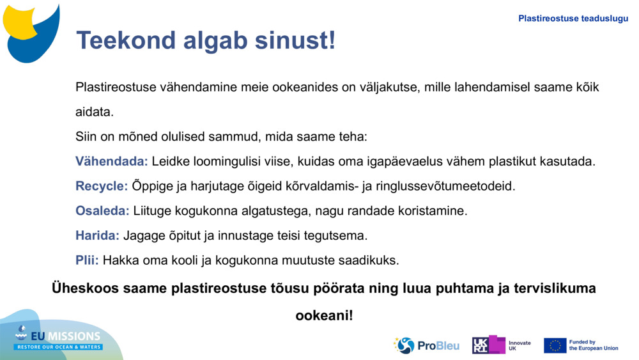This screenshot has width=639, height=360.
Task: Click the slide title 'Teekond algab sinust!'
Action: [205, 40]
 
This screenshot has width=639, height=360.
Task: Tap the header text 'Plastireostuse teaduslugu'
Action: [573, 19]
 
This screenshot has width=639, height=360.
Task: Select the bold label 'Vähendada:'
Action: [112, 161]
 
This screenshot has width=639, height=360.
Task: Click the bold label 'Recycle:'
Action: [102, 186]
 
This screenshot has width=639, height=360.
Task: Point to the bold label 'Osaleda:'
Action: [102, 210]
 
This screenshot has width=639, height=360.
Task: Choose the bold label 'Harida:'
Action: [97, 235]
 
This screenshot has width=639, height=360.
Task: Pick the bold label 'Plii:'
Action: [87, 260]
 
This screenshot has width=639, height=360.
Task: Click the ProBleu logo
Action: [426, 345]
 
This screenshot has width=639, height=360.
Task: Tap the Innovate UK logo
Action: [501, 345]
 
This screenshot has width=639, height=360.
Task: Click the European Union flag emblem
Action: [555, 345]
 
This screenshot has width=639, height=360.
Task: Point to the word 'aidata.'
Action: [95, 112]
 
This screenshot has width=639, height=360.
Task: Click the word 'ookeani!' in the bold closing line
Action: [323, 315]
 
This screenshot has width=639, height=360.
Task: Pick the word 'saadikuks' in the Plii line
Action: [371, 260]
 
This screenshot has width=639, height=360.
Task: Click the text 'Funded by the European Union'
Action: [594, 345]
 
